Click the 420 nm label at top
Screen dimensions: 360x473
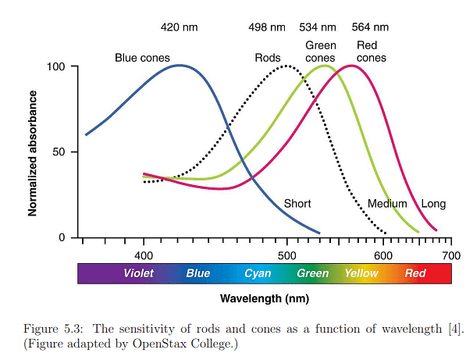point(180,27)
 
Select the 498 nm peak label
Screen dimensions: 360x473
point(267,27)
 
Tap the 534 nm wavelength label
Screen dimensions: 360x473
point(320,27)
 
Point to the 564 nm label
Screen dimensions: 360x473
point(371,27)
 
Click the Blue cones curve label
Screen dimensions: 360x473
point(142,58)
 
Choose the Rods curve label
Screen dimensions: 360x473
point(267,58)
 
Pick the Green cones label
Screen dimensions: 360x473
point(320,52)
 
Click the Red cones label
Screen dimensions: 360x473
point(371,52)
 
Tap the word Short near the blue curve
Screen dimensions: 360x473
point(297,204)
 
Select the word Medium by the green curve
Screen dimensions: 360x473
point(387,204)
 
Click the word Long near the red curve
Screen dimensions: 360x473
point(433,204)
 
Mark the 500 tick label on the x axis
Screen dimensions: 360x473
point(286,255)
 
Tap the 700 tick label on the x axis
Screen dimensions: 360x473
point(451,255)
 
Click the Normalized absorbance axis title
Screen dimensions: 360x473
point(33,152)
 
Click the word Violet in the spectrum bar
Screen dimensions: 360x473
point(138,273)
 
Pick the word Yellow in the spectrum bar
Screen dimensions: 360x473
point(361,273)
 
